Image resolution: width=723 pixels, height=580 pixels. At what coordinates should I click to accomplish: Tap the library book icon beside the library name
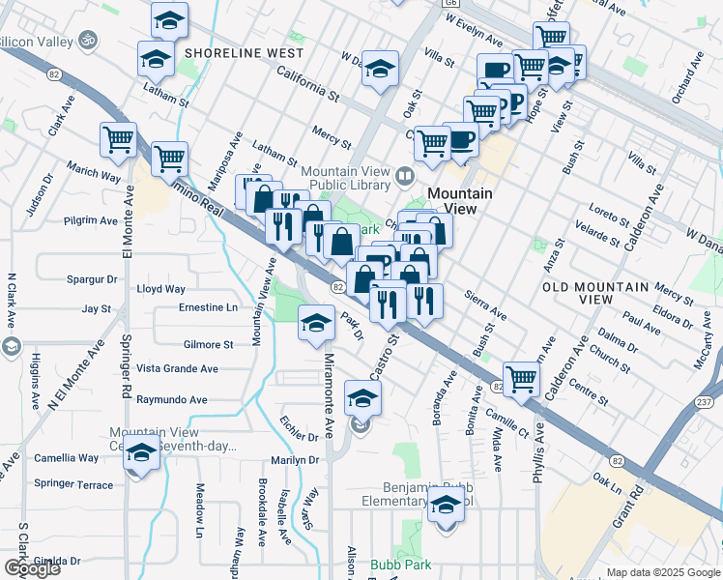[405, 177]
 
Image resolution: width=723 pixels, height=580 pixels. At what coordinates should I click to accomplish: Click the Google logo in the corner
[32, 568]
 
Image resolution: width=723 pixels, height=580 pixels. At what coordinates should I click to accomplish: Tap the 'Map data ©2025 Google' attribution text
[663, 572]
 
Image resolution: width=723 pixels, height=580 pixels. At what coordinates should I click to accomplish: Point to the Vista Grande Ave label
[177, 368]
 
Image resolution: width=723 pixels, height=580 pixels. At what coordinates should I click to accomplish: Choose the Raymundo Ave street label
[172, 399]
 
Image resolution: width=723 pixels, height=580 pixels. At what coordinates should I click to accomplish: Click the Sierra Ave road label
[485, 304]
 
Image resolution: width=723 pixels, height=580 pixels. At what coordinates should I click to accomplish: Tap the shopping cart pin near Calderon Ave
[521, 378]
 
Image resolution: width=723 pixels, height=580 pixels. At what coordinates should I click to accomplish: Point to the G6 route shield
[450, 4]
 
